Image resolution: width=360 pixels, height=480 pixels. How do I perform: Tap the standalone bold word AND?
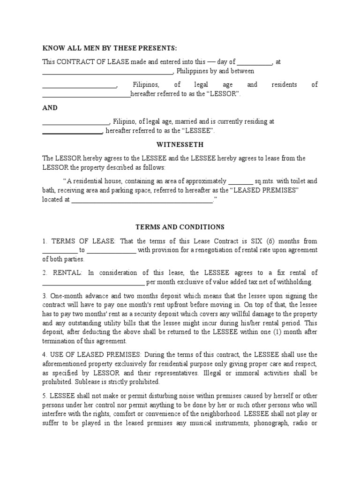tap(50, 108)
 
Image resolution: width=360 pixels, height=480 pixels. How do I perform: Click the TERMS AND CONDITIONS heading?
tap(180, 227)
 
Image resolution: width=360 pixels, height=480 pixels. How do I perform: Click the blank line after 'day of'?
tap(255, 62)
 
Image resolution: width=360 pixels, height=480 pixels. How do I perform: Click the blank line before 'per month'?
tap(94, 282)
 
